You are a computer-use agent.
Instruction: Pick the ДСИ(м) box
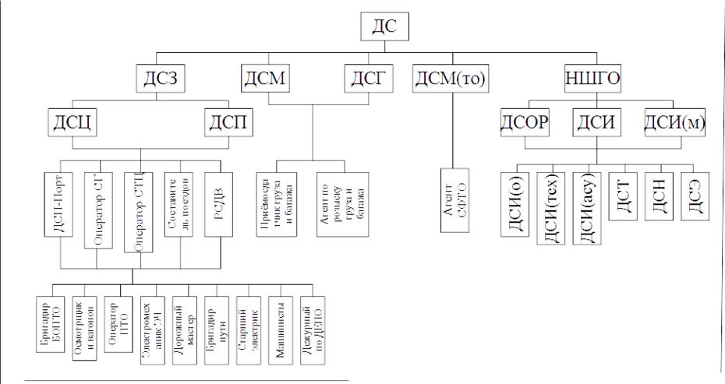pos(675,123)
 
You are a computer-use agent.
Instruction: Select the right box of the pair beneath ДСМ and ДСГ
pos(341,199)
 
